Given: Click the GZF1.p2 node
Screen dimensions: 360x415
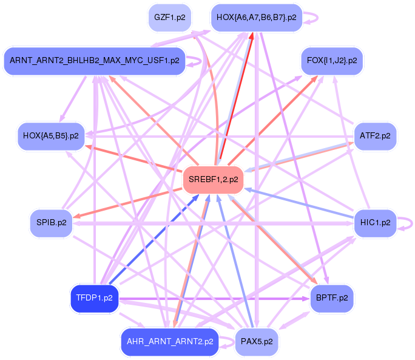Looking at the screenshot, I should pos(169,18).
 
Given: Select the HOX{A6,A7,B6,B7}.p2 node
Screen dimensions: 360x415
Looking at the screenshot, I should pos(256,18).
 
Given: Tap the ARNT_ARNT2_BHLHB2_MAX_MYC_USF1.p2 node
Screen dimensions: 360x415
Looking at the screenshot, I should pos(94,61).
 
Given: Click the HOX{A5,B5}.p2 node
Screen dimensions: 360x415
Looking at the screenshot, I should pos(50,135).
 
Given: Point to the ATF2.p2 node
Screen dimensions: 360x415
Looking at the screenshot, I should pos(374,135).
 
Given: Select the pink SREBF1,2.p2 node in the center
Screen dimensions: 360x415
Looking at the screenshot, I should pos(213,179).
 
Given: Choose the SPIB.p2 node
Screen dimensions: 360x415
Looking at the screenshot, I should pos(50,223).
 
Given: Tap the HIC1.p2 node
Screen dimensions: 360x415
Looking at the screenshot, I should pos(374,223).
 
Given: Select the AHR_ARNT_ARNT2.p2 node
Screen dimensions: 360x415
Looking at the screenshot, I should pos(169,342).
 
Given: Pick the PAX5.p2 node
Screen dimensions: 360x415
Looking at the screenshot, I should pos(256,342).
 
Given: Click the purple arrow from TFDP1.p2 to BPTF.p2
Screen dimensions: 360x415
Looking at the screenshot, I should pos(212,298).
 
